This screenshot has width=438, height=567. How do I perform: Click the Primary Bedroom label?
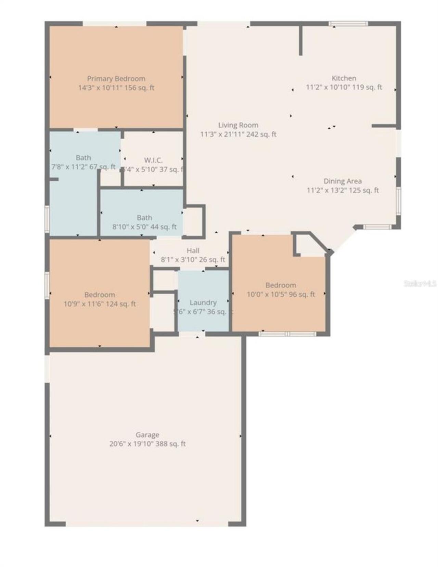pos(116,79)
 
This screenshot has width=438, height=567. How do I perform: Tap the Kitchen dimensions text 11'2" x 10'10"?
pos(327,88)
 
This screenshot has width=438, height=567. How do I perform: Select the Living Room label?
pos(238,125)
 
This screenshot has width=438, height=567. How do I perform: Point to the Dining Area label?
pos(343,181)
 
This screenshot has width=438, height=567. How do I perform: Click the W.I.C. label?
pos(153,160)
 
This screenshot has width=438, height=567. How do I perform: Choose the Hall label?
pos(193,251)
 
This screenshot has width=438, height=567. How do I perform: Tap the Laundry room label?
pos(203,302)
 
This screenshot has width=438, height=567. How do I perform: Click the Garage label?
pos(147,435)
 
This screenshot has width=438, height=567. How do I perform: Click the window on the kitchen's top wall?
pos(348,24)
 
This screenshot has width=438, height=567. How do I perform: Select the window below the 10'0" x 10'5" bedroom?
pos(287,334)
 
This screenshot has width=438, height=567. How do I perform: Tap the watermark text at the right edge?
pos(420,284)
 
